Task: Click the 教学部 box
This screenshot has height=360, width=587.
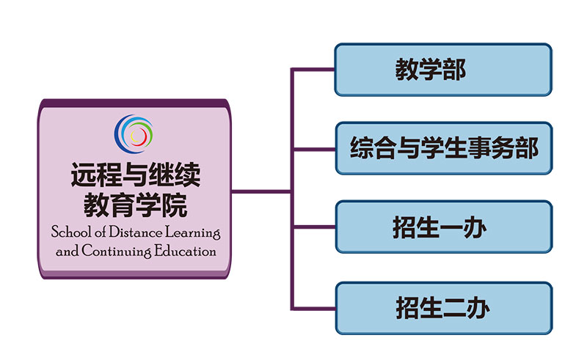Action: (443, 70)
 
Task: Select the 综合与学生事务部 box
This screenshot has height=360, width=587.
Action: (444, 148)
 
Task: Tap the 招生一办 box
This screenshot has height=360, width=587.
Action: (444, 227)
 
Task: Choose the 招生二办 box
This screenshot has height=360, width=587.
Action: (444, 308)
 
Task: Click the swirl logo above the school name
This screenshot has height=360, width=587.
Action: (134, 134)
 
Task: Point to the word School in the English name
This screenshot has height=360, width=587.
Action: (71, 232)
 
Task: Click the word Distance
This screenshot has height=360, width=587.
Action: (136, 232)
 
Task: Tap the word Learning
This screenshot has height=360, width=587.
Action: (192, 232)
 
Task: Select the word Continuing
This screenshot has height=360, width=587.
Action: (117, 251)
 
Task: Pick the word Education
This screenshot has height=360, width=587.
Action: (185, 251)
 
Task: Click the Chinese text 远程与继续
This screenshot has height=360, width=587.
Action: (136, 175)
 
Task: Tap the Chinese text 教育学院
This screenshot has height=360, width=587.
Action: (136, 205)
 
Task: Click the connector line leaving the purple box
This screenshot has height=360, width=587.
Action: (261, 192)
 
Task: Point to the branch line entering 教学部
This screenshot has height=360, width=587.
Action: (313, 69)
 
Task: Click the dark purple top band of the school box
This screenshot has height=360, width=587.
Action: (134, 103)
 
